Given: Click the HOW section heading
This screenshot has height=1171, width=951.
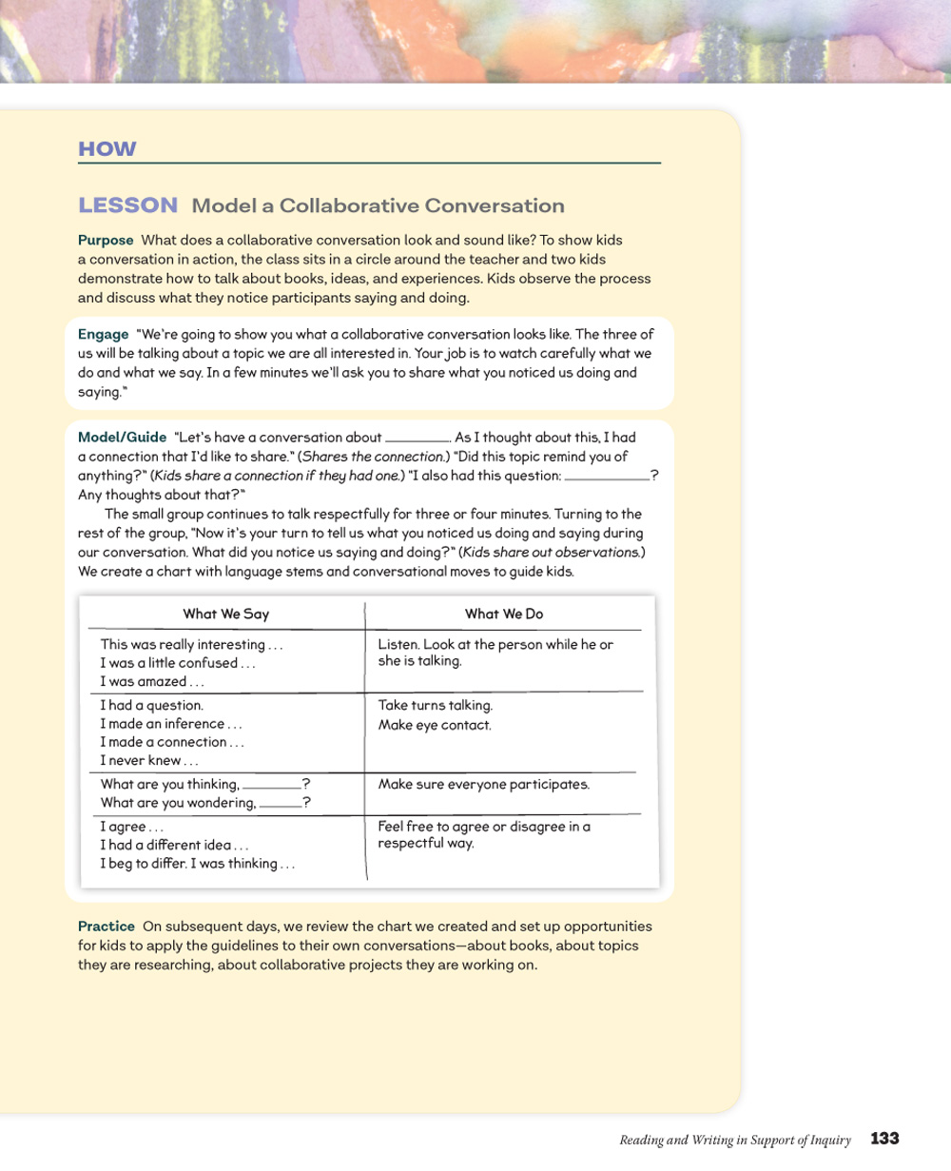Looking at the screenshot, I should pos(107,149).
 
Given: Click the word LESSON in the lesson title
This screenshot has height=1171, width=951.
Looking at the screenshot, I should pos(127,205).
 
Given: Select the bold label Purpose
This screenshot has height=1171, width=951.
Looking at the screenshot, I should pos(106,241).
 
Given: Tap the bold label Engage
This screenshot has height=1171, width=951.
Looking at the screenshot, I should pos(103,335).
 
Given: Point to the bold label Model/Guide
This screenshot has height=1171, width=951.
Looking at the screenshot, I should pos(122,438).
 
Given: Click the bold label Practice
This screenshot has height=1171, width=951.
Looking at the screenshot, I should pos(107,927).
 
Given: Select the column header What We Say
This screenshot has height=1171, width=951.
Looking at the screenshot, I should pos(225,615).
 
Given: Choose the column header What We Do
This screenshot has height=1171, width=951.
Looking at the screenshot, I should pos(504,615).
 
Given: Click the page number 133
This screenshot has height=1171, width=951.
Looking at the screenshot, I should pos(884,1139).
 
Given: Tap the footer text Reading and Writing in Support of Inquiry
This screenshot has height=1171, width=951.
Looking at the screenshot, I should pos(735,1140).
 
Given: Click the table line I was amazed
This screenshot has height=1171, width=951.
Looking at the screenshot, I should pos(152,682).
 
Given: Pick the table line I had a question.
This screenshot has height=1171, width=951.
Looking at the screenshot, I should pos(151,706).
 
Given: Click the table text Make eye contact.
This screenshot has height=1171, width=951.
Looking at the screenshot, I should pos(435,725).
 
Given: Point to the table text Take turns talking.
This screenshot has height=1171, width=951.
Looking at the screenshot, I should pos(435,706).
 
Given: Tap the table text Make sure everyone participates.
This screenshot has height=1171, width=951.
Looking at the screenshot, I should pos(483,785).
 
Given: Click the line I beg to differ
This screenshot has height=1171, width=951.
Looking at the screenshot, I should pos(197,864).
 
